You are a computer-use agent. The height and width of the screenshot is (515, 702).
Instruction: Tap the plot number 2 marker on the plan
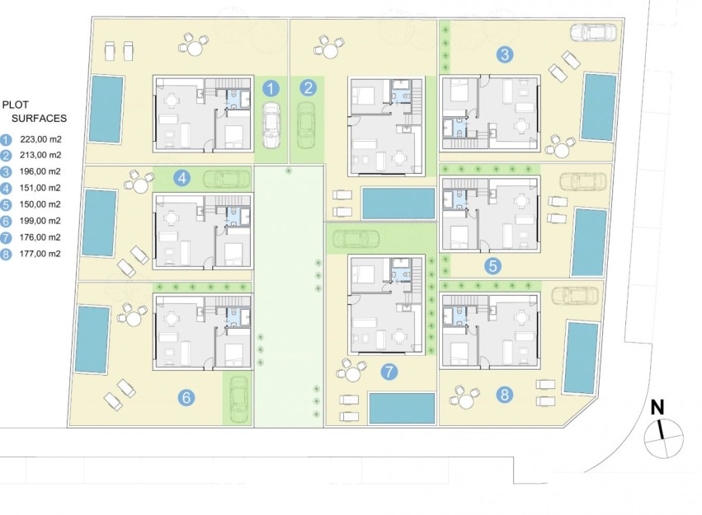coord(308,87)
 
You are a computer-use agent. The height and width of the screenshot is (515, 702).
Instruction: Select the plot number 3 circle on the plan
coord(506,55)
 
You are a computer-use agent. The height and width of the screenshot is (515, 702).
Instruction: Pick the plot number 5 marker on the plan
coord(492,265)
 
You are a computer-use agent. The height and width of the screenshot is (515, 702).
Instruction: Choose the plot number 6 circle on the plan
coord(187,398)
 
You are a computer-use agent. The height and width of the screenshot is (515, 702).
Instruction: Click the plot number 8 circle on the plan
coord(505,395)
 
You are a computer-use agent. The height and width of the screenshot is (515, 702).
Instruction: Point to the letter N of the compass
coord(657,406)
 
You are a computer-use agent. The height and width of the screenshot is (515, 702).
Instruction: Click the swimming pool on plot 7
coord(402,406)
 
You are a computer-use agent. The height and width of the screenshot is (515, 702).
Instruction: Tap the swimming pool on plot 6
coord(92,339)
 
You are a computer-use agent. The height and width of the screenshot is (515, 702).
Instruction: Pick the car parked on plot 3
coord(592,33)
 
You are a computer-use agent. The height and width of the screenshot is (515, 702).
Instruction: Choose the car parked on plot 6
coord(238,398)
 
